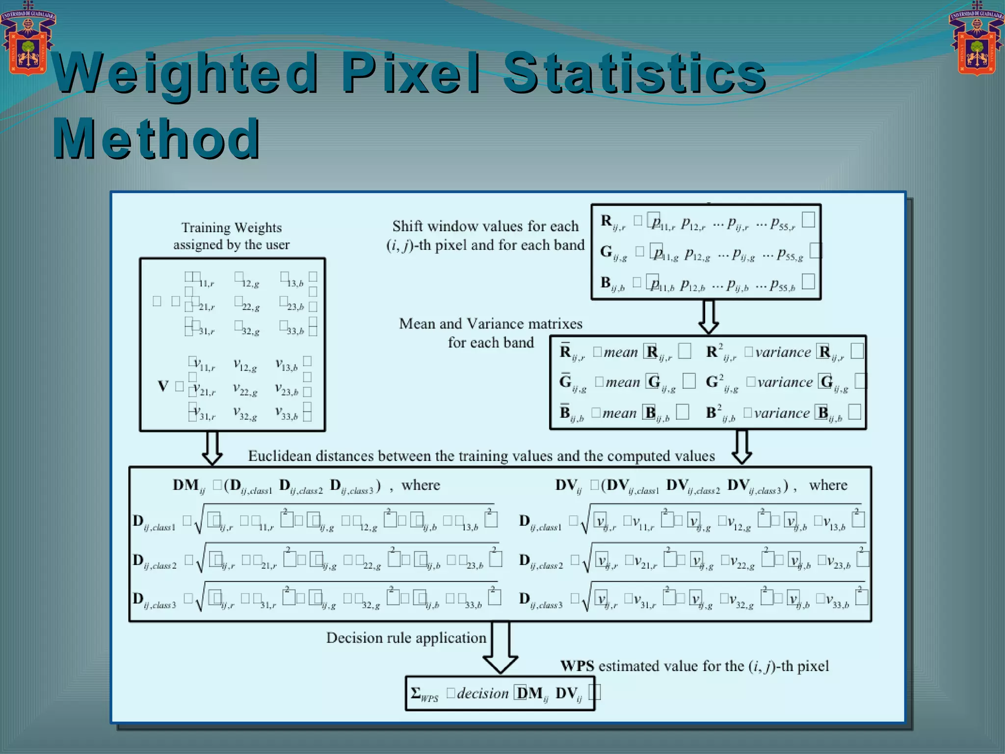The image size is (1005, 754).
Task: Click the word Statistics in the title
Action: pyautogui.click(x=634, y=74)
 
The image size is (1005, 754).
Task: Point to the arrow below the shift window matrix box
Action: pyautogui.click(x=708, y=317)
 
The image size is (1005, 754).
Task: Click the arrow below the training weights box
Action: pyautogui.click(x=212, y=448)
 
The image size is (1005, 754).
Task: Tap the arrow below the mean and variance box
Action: pyautogui.click(x=741, y=447)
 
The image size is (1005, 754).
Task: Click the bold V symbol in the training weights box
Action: pyautogui.click(x=163, y=386)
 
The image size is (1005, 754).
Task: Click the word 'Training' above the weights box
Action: pyautogui.click(x=205, y=228)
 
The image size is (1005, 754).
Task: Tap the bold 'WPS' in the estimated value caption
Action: pyautogui.click(x=577, y=666)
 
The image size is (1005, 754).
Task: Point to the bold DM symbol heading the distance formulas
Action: pyautogui.click(x=185, y=485)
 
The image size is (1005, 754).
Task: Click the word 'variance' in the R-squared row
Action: pyautogui.click(x=783, y=352)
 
